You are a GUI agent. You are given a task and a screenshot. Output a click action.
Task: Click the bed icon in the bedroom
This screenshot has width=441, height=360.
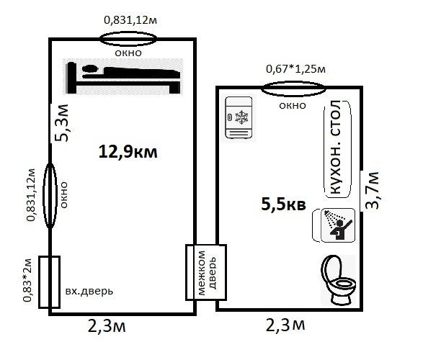123,77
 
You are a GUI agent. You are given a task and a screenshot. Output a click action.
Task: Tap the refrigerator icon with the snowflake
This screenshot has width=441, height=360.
239,117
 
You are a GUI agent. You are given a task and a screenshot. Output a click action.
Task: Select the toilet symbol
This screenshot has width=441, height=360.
339,280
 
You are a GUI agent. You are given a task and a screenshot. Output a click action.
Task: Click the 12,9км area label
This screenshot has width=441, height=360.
128,152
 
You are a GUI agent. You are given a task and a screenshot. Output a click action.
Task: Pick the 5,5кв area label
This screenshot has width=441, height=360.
283,204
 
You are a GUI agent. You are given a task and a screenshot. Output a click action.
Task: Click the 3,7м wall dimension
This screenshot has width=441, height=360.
372,190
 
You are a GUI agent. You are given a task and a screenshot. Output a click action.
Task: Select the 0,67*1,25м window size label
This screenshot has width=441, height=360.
296,69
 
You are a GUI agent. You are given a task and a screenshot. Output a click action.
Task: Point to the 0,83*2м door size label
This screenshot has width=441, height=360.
27,280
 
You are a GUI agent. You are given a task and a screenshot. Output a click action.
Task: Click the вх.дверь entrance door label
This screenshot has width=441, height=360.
89,292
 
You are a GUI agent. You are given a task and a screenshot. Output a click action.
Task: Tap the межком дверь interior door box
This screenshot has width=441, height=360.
206,272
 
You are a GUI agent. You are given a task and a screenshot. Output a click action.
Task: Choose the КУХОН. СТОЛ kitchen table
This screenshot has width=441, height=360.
337,149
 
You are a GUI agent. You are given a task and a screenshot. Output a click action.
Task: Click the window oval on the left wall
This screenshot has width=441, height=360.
50,196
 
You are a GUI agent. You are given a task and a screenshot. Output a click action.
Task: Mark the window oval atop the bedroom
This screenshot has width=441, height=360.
128,39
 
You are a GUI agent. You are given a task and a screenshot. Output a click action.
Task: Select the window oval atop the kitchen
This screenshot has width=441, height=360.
293,89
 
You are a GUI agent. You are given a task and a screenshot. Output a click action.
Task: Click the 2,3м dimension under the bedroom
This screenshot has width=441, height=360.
107,326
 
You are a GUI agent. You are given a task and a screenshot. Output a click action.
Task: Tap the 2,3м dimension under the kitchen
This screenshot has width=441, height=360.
285,325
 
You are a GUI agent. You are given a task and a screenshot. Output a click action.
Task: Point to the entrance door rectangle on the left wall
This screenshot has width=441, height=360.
49,282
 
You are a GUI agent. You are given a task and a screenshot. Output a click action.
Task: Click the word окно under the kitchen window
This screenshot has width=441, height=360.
293,106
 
